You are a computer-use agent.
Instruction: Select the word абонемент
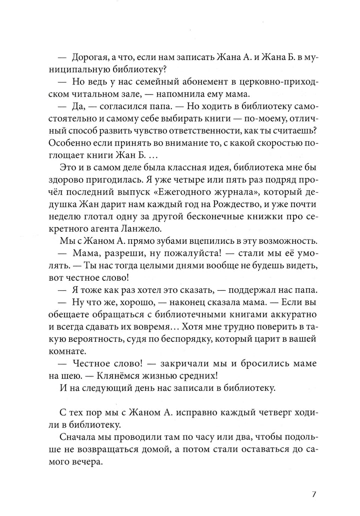pos(193,83)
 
